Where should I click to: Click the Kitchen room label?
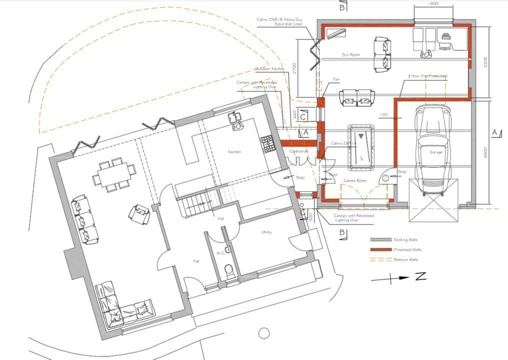235,151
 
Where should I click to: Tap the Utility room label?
266,232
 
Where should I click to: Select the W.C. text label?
221,253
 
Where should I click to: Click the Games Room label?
355,180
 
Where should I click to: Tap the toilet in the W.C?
228,272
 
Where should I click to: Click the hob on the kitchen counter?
266,144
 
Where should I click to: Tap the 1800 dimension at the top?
433,4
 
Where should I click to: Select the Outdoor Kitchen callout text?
270,68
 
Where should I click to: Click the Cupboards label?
299,150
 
